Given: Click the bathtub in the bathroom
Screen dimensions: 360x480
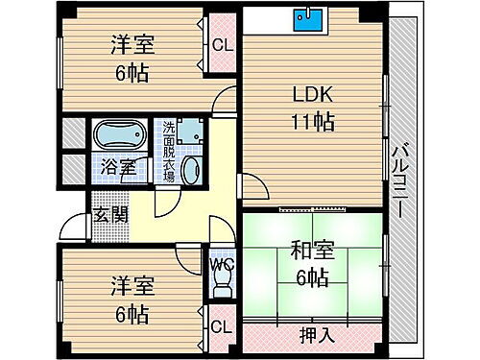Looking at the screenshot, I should [119, 132].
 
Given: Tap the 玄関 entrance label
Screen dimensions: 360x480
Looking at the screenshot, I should [106, 213].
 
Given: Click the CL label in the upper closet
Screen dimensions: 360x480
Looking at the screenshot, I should [221, 44].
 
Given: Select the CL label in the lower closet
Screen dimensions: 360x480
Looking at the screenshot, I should [221, 326].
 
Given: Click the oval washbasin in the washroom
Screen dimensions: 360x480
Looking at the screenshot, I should [189, 173].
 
